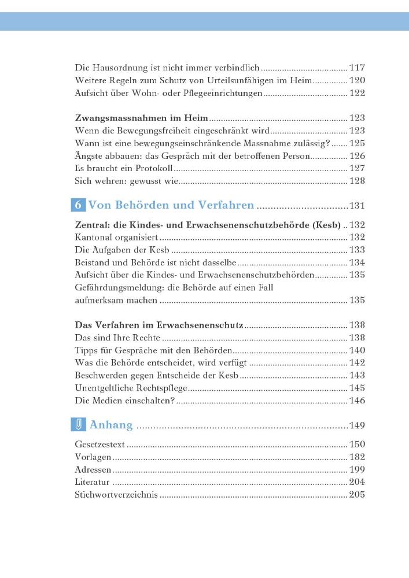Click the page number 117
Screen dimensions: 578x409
[357, 68]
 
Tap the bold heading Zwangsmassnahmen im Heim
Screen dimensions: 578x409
[142, 118]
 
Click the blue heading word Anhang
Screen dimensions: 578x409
[111, 425]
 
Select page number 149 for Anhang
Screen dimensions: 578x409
[357, 426]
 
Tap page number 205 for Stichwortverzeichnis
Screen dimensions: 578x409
[357, 495]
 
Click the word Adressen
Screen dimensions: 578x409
[93, 470]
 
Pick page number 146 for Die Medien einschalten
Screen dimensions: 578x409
[357, 401]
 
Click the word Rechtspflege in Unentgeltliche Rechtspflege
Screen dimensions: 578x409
[158, 388]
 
